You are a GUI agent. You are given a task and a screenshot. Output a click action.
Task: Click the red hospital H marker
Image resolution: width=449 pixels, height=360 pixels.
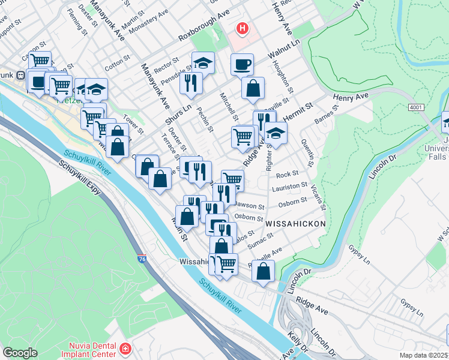[x=243, y=28]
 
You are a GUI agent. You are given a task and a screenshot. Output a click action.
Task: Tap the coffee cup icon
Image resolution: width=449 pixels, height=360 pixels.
[x=242, y=64]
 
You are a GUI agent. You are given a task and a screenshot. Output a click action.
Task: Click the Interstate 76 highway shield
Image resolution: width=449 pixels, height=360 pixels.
[x=142, y=259]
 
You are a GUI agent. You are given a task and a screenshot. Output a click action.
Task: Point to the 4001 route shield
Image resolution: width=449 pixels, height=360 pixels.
[x=416, y=107]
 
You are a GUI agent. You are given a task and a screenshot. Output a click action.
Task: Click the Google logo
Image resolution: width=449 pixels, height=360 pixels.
[x=20, y=353]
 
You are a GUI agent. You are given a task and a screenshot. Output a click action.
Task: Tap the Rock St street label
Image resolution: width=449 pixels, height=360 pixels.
[x=283, y=175]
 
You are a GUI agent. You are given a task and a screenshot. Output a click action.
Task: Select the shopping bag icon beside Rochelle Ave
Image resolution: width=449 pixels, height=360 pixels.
[x=263, y=271]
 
